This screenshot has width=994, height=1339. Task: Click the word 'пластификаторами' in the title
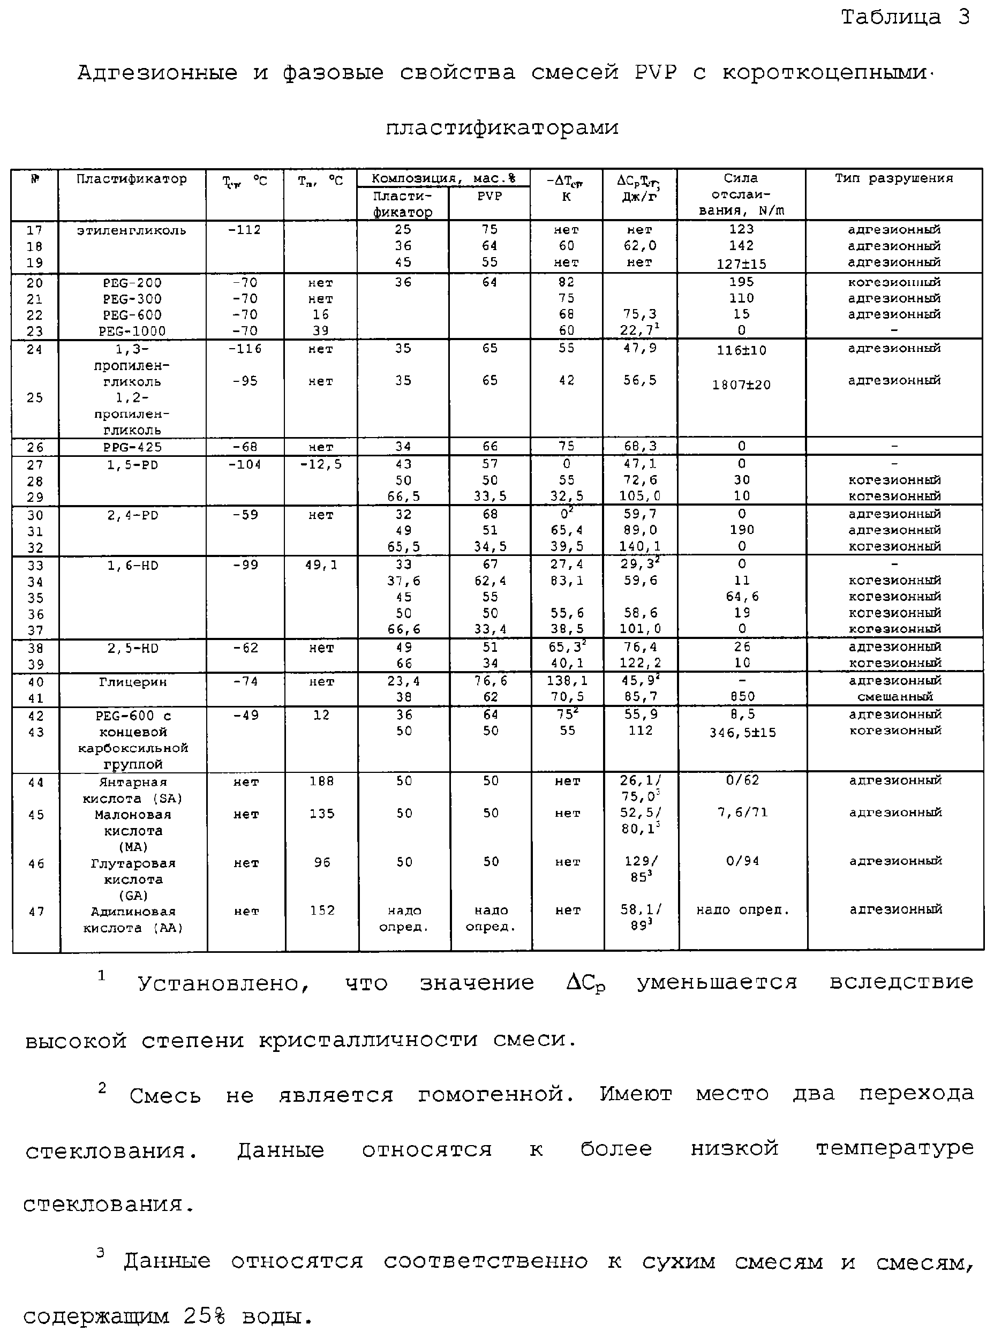point(502,127)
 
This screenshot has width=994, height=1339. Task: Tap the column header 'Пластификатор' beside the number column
point(131,179)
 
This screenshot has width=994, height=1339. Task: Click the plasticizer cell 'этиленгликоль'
point(131,230)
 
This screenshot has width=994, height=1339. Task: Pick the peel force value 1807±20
point(741,385)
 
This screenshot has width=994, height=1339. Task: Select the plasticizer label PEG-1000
point(132,331)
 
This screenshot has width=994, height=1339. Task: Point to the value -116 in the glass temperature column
point(245,349)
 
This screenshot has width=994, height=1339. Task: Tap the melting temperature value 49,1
point(321,565)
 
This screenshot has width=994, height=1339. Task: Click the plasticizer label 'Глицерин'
point(132,682)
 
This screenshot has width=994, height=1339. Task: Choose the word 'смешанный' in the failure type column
point(895,697)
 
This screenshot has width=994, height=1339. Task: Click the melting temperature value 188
point(321,781)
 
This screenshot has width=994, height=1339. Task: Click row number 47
point(36,912)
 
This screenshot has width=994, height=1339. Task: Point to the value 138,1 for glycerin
point(567,681)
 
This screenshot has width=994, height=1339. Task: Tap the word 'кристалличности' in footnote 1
point(368,1039)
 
